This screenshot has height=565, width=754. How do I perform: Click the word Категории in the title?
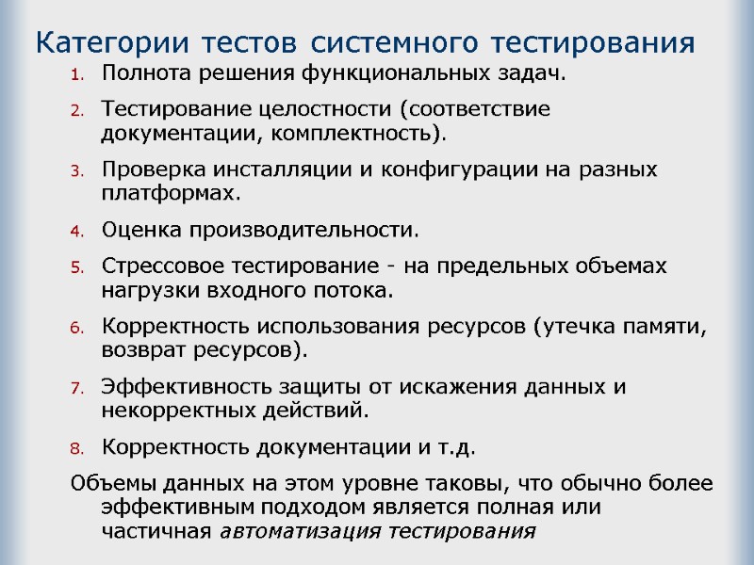(103, 43)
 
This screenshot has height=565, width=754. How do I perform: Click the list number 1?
(78, 74)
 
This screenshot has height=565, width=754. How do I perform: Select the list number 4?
(78, 231)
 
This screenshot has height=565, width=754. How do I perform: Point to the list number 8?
(78, 446)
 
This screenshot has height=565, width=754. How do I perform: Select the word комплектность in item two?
(355, 133)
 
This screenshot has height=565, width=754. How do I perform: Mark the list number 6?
(78, 328)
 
